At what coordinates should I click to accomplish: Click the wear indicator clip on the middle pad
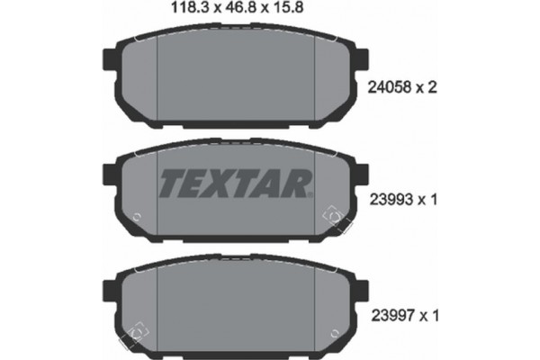329,216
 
